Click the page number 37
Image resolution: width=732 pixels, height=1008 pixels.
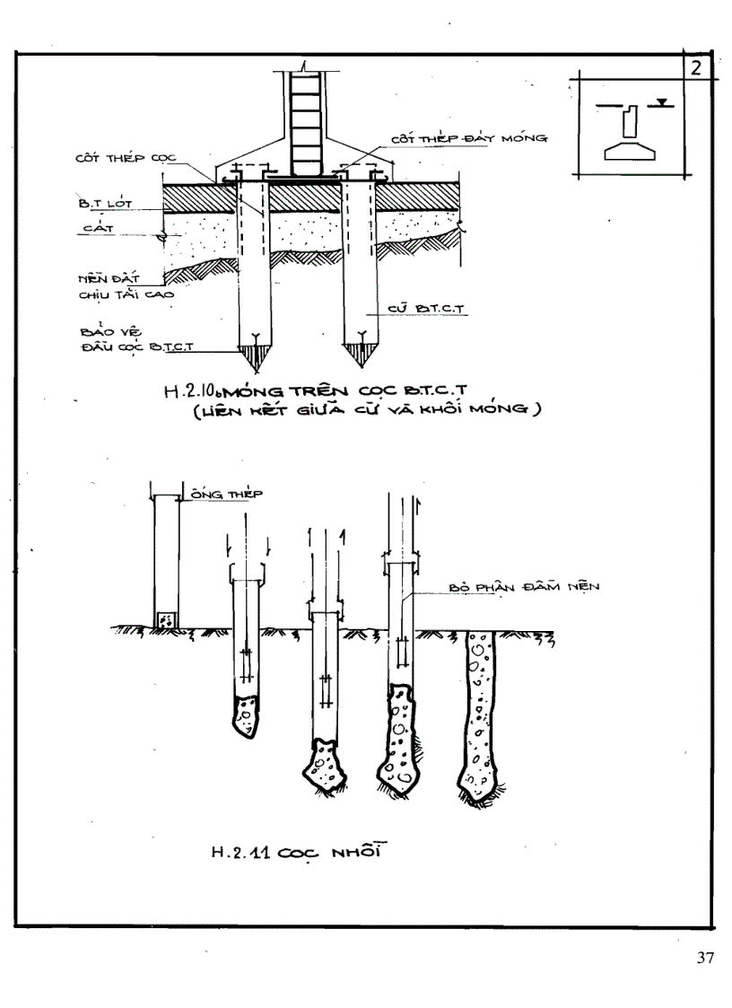[705, 959]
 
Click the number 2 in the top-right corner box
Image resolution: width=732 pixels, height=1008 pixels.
[696, 69]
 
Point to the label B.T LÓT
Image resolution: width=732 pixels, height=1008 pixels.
[105, 204]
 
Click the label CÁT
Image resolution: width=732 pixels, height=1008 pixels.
[95, 231]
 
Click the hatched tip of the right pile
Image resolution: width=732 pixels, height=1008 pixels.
[362, 356]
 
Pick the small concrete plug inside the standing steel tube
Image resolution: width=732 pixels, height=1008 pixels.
[166, 620]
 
